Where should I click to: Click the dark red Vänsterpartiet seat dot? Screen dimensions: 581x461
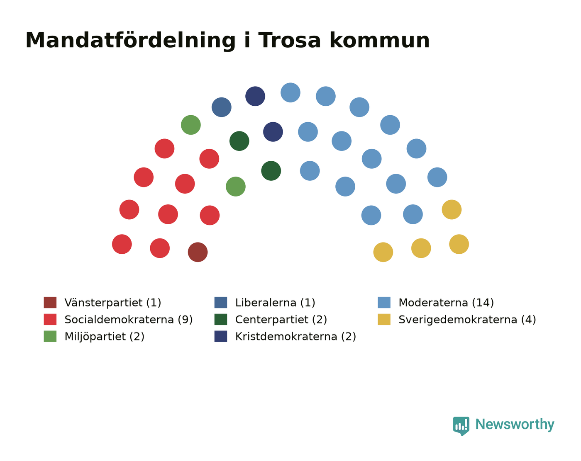[x=198, y=252]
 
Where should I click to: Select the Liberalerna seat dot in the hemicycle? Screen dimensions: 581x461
[x=221, y=107]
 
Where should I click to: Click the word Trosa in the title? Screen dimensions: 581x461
[x=290, y=41]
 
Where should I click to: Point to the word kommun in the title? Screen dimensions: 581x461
[x=380, y=41]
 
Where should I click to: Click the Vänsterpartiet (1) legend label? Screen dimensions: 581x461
[x=113, y=303]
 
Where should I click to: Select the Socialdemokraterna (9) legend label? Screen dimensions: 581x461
[x=129, y=320]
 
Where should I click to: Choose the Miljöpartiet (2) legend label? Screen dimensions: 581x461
[x=105, y=337]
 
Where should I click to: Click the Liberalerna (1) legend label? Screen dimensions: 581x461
[x=275, y=303]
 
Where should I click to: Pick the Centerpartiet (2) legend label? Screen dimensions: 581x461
[x=281, y=320]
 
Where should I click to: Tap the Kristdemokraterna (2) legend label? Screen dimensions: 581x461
[x=295, y=337]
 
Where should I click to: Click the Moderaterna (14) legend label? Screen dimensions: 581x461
[x=446, y=303]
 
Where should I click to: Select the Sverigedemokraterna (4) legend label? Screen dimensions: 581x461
[x=467, y=320]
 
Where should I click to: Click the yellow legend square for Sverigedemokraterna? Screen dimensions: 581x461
[x=384, y=319]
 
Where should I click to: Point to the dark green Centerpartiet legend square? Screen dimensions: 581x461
[x=221, y=319]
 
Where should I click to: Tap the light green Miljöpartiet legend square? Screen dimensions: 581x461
[x=50, y=336]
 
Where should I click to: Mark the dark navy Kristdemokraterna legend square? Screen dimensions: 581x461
[x=221, y=336]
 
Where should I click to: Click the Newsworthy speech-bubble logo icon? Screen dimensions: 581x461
[x=461, y=426]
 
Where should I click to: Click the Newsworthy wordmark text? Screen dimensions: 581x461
[x=515, y=425]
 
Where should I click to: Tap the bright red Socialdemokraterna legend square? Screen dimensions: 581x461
[x=50, y=319]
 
